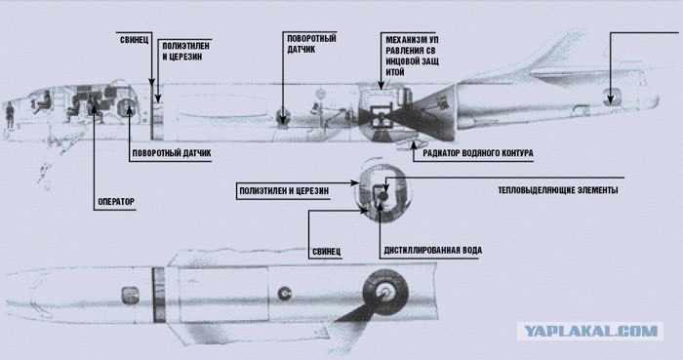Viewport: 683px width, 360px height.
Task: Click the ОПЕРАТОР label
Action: (116, 202)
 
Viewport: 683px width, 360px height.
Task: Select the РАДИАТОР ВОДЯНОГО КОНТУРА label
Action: (478, 153)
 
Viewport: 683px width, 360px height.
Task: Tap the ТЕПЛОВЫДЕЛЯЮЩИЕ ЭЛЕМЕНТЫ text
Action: (557, 190)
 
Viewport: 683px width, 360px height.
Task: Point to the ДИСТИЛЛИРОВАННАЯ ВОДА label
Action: (432, 251)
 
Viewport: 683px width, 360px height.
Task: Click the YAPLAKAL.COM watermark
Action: (590, 332)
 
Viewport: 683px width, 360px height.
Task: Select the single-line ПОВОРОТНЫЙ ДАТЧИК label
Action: (172, 153)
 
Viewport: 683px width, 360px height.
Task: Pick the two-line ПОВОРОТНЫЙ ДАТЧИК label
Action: (311, 44)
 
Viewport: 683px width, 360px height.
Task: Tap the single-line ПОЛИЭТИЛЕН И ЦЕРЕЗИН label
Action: (284, 190)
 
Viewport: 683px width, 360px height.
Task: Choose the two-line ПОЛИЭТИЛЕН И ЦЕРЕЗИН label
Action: (185, 52)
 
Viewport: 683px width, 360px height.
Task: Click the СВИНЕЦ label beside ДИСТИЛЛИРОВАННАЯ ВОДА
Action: (326, 252)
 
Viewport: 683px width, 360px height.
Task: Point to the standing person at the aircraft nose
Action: (9, 115)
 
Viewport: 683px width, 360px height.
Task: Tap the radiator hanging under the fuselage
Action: (411, 145)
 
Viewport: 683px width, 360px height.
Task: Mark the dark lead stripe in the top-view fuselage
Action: (158, 295)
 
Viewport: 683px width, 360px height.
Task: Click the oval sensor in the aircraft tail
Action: (610, 97)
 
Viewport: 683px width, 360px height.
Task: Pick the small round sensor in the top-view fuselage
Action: (285, 294)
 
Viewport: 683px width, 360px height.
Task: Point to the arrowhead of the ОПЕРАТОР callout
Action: (94, 109)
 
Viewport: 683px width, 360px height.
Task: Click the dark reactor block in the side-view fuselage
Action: (382, 115)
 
